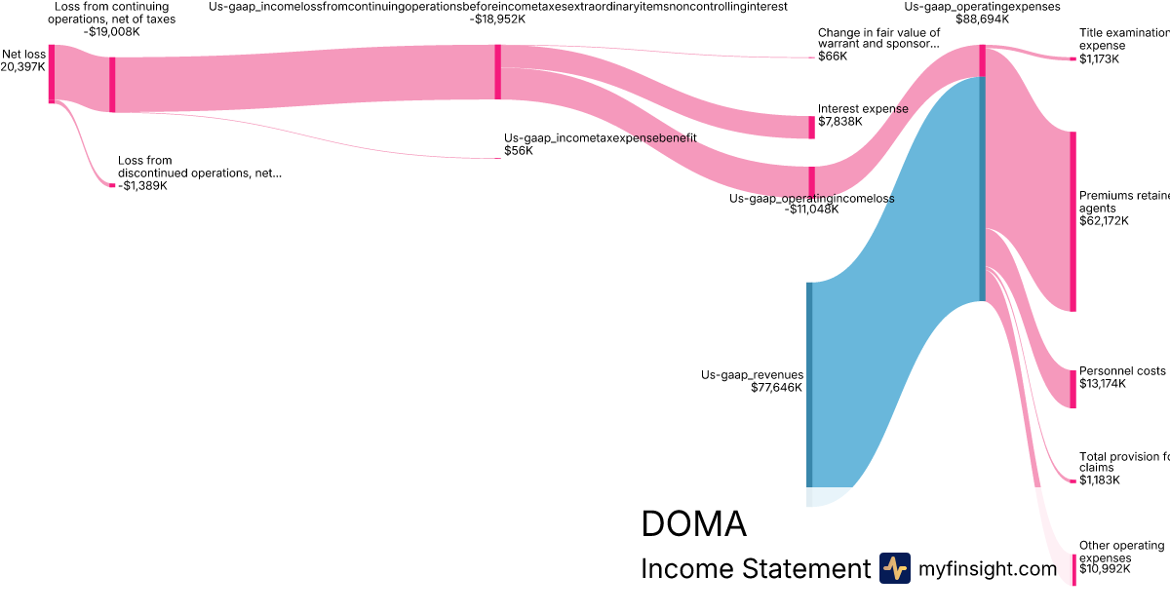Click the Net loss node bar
pos(52,73)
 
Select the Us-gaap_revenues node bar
pos(808,385)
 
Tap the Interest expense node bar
pos(811,127)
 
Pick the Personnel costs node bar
pos(1073,389)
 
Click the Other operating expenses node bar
pos(1073,569)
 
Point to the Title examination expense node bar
pos(1073,58)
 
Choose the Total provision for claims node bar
pos(1073,480)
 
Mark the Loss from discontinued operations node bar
pos(112,185)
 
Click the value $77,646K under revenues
pos(776,388)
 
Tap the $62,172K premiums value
pos(1104,221)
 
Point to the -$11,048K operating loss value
pos(811,209)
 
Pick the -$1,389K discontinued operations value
pos(142,186)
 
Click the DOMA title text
pos(693,524)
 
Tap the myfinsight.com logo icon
pos(894,568)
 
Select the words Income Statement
pos(755,569)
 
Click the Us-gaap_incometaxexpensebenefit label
pos(600,138)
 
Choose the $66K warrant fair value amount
pos(833,57)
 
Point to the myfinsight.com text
pos(988,569)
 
